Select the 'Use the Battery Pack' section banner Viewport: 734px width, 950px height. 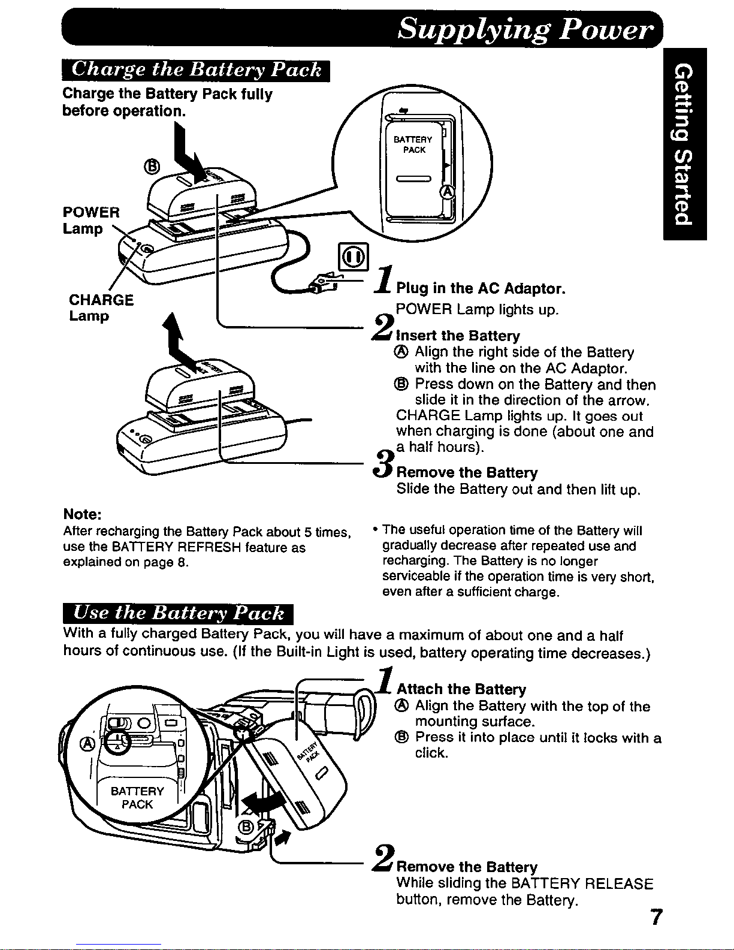(177, 613)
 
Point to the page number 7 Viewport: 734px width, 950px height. (656, 918)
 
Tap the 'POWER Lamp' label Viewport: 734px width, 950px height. (91, 220)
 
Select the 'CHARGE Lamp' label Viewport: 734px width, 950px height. (101, 307)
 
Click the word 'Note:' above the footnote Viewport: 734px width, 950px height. (82, 515)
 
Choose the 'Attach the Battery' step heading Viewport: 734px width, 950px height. (461, 689)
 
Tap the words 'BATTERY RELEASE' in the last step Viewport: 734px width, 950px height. (581, 884)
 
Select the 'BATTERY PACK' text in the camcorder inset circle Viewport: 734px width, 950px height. (137, 798)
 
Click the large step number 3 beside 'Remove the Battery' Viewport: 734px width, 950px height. (383, 465)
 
